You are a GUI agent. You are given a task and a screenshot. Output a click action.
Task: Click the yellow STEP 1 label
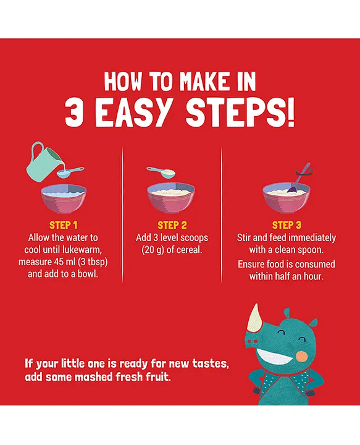[63, 225]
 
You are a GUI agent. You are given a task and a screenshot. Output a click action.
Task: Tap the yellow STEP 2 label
[172, 225]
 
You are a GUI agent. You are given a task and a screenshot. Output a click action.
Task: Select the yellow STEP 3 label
[287, 225]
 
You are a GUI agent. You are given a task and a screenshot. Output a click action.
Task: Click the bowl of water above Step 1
[64, 199]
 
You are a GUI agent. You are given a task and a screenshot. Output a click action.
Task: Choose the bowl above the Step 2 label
[171, 198]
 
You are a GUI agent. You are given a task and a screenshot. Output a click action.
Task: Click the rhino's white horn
[254, 318]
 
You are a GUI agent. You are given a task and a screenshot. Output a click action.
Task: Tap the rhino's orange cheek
[301, 357]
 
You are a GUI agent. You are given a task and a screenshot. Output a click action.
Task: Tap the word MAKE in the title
[204, 82]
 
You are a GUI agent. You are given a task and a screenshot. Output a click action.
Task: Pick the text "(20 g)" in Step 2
[153, 250]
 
